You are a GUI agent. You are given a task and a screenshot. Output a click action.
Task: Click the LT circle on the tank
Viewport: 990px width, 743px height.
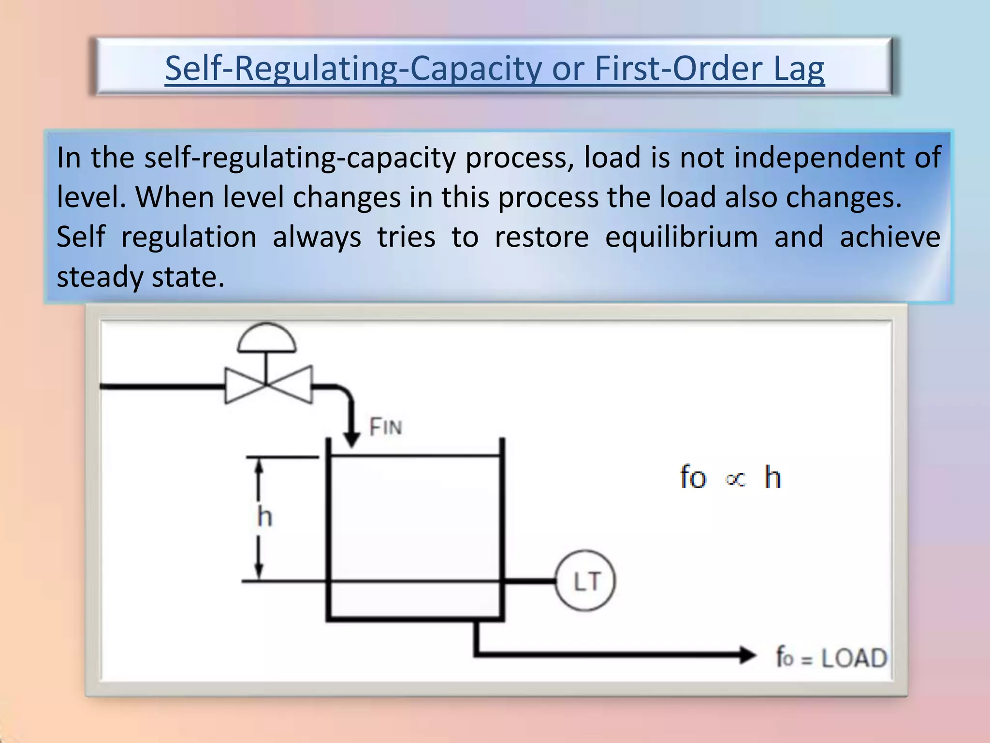pyautogui.click(x=585, y=581)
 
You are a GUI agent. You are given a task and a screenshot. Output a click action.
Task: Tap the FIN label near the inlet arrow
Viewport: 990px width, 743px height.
pyautogui.click(x=385, y=427)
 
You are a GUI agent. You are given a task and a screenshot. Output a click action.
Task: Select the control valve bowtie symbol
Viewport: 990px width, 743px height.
pyautogui.click(x=268, y=385)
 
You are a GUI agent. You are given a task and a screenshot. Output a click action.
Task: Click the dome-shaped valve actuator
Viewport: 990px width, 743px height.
pyautogui.click(x=266, y=339)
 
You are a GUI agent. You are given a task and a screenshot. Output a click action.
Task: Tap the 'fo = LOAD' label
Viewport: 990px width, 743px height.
pyautogui.click(x=831, y=658)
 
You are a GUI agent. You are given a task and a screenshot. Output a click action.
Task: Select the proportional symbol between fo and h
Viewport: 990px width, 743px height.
pyautogui.click(x=735, y=479)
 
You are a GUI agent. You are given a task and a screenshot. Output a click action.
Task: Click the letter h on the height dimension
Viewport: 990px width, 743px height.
pyautogui.click(x=265, y=517)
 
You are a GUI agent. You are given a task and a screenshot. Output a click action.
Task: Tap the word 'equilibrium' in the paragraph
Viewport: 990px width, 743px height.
pyautogui.click(x=682, y=237)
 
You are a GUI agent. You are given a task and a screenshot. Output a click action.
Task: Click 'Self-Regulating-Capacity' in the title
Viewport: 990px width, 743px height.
pyautogui.click(x=353, y=69)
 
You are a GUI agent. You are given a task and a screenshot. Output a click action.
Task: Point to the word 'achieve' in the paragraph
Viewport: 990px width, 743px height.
pyautogui.click(x=890, y=237)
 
